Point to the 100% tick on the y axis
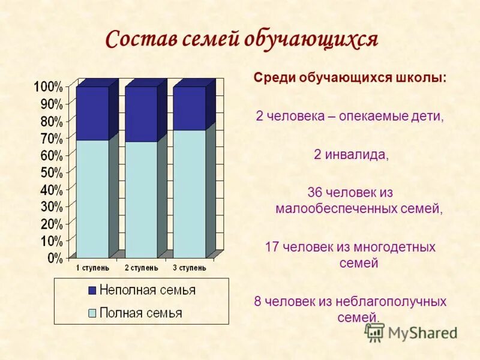[x=47, y=87]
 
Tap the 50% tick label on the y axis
[x=50, y=173]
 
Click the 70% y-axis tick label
[x=50, y=139]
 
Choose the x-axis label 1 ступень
[x=92, y=268]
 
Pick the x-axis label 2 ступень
[x=141, y=268]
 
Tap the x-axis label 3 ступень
[x=189, y=268]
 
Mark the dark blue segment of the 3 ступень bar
[x=189, y=108]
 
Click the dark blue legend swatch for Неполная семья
[x=92, y=290]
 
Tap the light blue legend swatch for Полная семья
[x=92, y=313]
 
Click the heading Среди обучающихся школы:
[x=350, y=79]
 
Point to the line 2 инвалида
[x=351, y=155]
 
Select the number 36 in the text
[x=314, y=193]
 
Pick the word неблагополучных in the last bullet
[x=397, y=302]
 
